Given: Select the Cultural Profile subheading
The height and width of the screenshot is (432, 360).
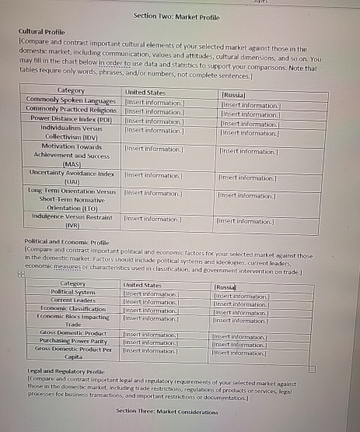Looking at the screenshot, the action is [41, 31].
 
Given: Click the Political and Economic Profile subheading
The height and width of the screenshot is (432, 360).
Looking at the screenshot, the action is [68, 243].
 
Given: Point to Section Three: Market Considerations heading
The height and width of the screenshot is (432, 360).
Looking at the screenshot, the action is [167, 411].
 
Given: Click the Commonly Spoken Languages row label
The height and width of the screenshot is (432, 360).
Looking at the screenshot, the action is [71, 101].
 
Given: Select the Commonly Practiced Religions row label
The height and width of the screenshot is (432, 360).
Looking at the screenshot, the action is [71, 110].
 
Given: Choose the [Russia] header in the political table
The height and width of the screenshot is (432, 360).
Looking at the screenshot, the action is [225, 287].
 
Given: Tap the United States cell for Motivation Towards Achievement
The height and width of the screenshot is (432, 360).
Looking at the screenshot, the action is [154, 147].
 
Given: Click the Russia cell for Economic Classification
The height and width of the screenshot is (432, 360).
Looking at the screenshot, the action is [239, 312].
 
